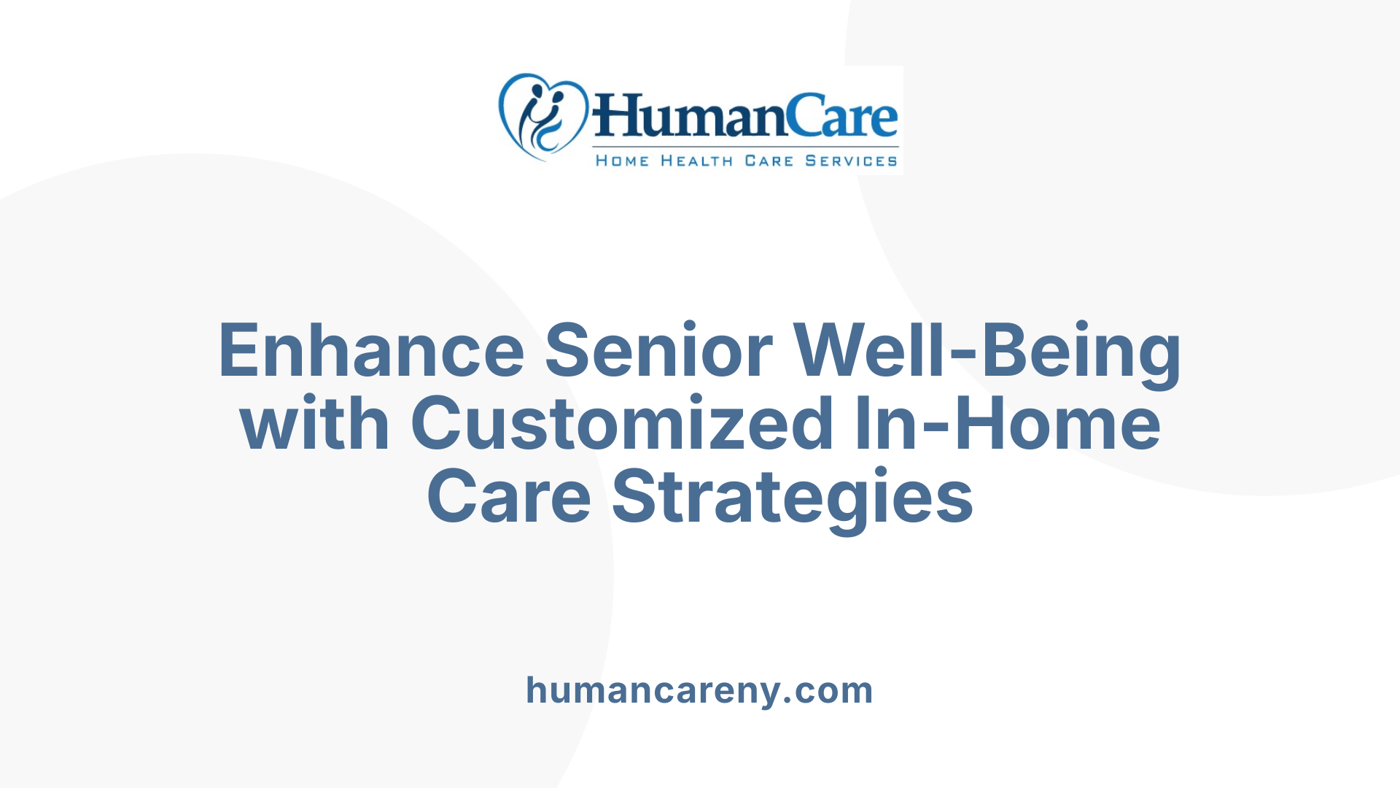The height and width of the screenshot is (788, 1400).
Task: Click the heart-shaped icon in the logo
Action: coord(542,117)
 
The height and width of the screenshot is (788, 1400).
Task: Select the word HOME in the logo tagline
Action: coord(622,161)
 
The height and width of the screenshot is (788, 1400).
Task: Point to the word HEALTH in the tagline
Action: coord(696,161)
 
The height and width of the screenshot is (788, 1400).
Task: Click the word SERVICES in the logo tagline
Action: coord(851,161)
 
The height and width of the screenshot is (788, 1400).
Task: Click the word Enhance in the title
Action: coord(371,351)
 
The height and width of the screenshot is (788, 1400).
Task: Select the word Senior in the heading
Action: coord(658,351)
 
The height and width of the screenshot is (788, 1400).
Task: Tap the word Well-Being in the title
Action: coord(987,351)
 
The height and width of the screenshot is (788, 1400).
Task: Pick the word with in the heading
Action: coord(314,424)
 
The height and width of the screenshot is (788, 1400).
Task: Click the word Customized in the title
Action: coord(623,424)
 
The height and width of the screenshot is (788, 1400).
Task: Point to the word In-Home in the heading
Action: coord(1008,424)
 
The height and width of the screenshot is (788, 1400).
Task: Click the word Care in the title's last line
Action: coord(508,497)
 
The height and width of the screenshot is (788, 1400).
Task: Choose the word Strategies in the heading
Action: coord(793,497)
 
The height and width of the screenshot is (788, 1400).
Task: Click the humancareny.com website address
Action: coord(699,690)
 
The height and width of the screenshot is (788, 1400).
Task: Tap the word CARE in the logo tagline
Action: coord(769,161)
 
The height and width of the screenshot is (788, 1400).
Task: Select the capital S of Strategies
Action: coord(635,497)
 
